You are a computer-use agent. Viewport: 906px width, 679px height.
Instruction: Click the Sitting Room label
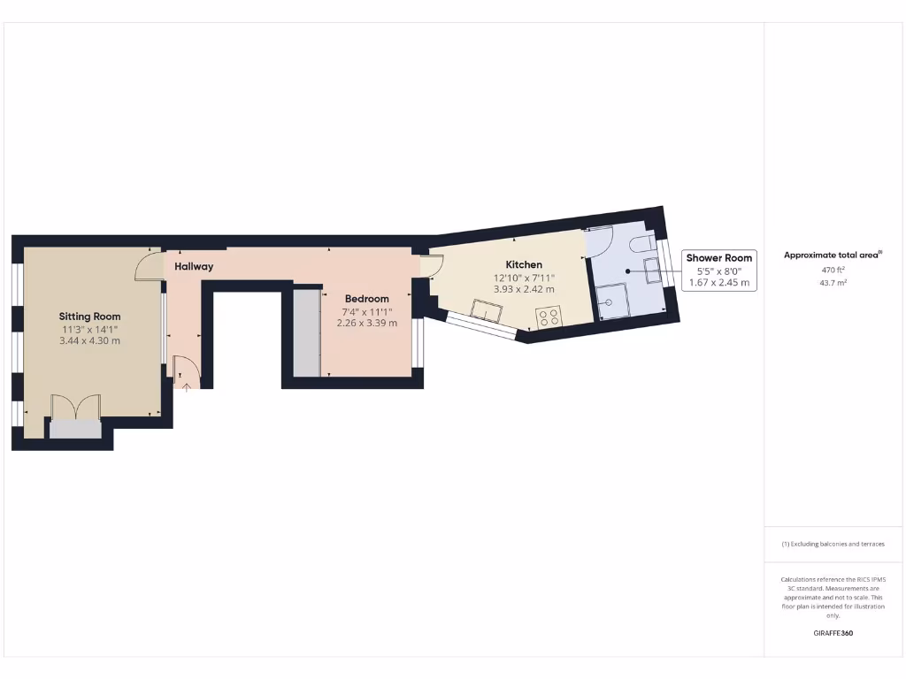click(89, 316)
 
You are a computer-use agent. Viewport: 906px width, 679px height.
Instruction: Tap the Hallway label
click(194, 266)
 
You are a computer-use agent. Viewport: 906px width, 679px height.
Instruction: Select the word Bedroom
click(367, 299)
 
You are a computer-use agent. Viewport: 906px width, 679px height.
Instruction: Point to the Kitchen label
click(524, 264)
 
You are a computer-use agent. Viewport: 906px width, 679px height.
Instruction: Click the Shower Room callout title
click(719, 258)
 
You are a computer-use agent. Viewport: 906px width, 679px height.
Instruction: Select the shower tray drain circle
click(608, 301)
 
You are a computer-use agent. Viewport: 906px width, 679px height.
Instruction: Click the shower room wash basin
click(653, 271)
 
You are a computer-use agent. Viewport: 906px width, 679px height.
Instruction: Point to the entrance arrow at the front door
click(185, 385)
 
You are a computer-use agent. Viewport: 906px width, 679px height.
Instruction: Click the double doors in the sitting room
click(75, 408)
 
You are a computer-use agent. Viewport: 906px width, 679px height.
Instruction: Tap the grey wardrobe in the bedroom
click(306, 332)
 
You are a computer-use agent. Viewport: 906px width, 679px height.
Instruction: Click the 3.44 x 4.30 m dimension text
click(89, 340)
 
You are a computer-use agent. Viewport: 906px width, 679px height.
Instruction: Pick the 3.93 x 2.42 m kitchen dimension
click(524, 289)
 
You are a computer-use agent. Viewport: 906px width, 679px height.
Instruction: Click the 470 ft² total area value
click(833, 269)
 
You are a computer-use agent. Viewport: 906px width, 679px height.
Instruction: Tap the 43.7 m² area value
click(833, 282)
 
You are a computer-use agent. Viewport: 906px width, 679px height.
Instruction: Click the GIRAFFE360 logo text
click(833, 633)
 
